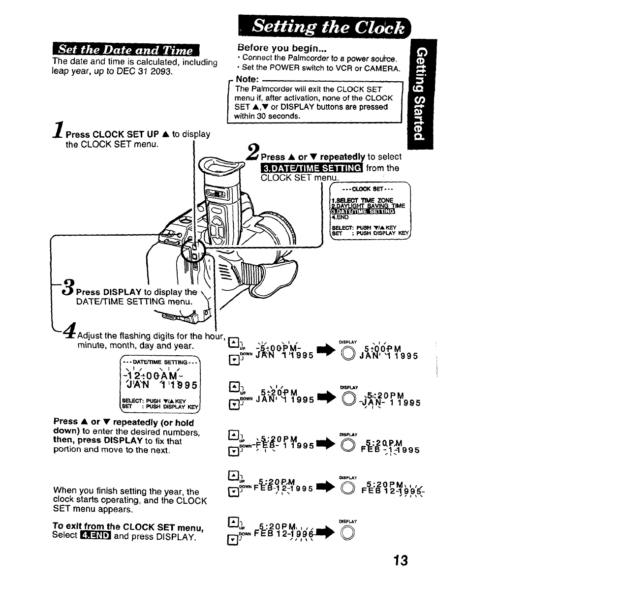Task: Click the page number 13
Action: click(x=401, y=560)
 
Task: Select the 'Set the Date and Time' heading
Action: click(x=125, y=50)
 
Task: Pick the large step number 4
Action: click(x=69, y=331)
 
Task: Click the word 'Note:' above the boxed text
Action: click(x=247, y=79)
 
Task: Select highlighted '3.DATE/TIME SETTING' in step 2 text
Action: click(x=311, y=168)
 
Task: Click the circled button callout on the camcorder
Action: click(x=192, y=251)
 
